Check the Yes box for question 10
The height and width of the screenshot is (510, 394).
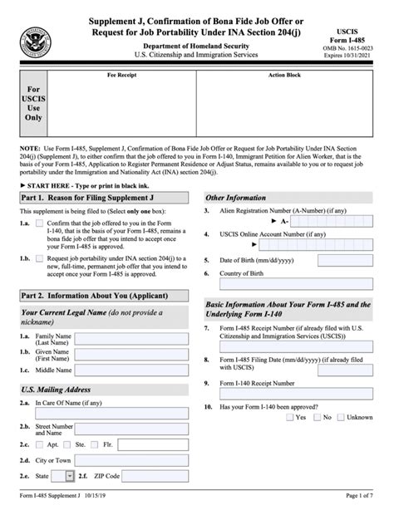[x=289, y=417]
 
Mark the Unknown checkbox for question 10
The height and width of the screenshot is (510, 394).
[x=341, y=417]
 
